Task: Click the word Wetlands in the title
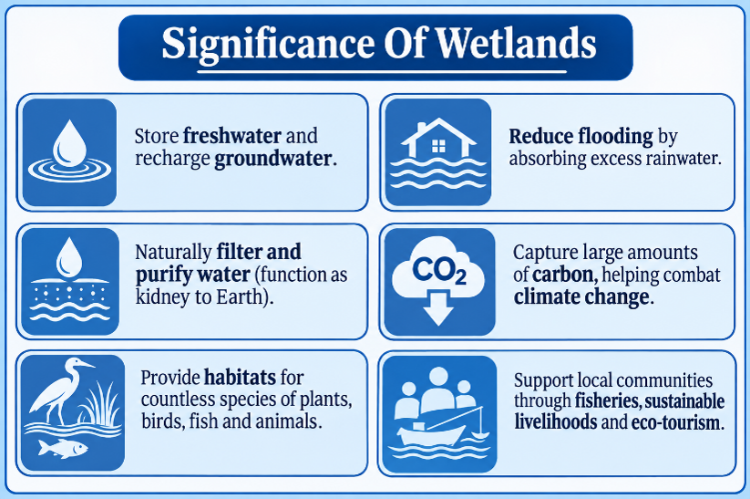point(516,44)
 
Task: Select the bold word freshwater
point(232,136)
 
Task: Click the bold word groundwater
point(273,159)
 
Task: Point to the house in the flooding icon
point(438,139)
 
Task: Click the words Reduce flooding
point(580,137)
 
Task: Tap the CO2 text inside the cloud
point(439,271)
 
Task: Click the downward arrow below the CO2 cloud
point(438,309)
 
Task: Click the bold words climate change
point(581,296)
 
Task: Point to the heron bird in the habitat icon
point(60,390)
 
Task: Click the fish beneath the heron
point(63,449)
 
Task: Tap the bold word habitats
point(240,378)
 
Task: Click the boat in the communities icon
point(433,434)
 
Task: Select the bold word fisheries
point(606,400)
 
